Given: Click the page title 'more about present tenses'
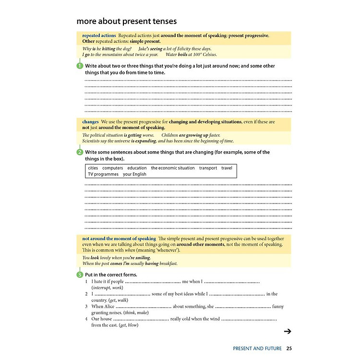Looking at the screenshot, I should click(x=127, y=21).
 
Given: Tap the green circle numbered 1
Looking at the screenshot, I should click(x=80, y=66).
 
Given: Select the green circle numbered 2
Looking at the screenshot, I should click(x=80, y=152).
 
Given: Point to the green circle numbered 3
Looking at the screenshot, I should click(x=80, y=275).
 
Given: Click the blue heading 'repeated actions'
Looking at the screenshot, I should click(x=99, y=36).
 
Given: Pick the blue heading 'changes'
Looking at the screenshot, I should click(x=90, y=122).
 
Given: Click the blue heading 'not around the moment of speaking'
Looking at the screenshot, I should click(x=119, y=239).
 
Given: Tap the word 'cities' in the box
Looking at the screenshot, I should click(x=93, y=168).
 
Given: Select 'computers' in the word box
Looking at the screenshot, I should click(x=113, y=168).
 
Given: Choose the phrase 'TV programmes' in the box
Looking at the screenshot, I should click(x=103, y=174).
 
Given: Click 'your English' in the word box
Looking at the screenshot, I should click(x=135, y=174).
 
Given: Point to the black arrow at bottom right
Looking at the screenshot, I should click(x=288, y=331).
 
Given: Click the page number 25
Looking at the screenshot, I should click(x=288, y=348).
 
